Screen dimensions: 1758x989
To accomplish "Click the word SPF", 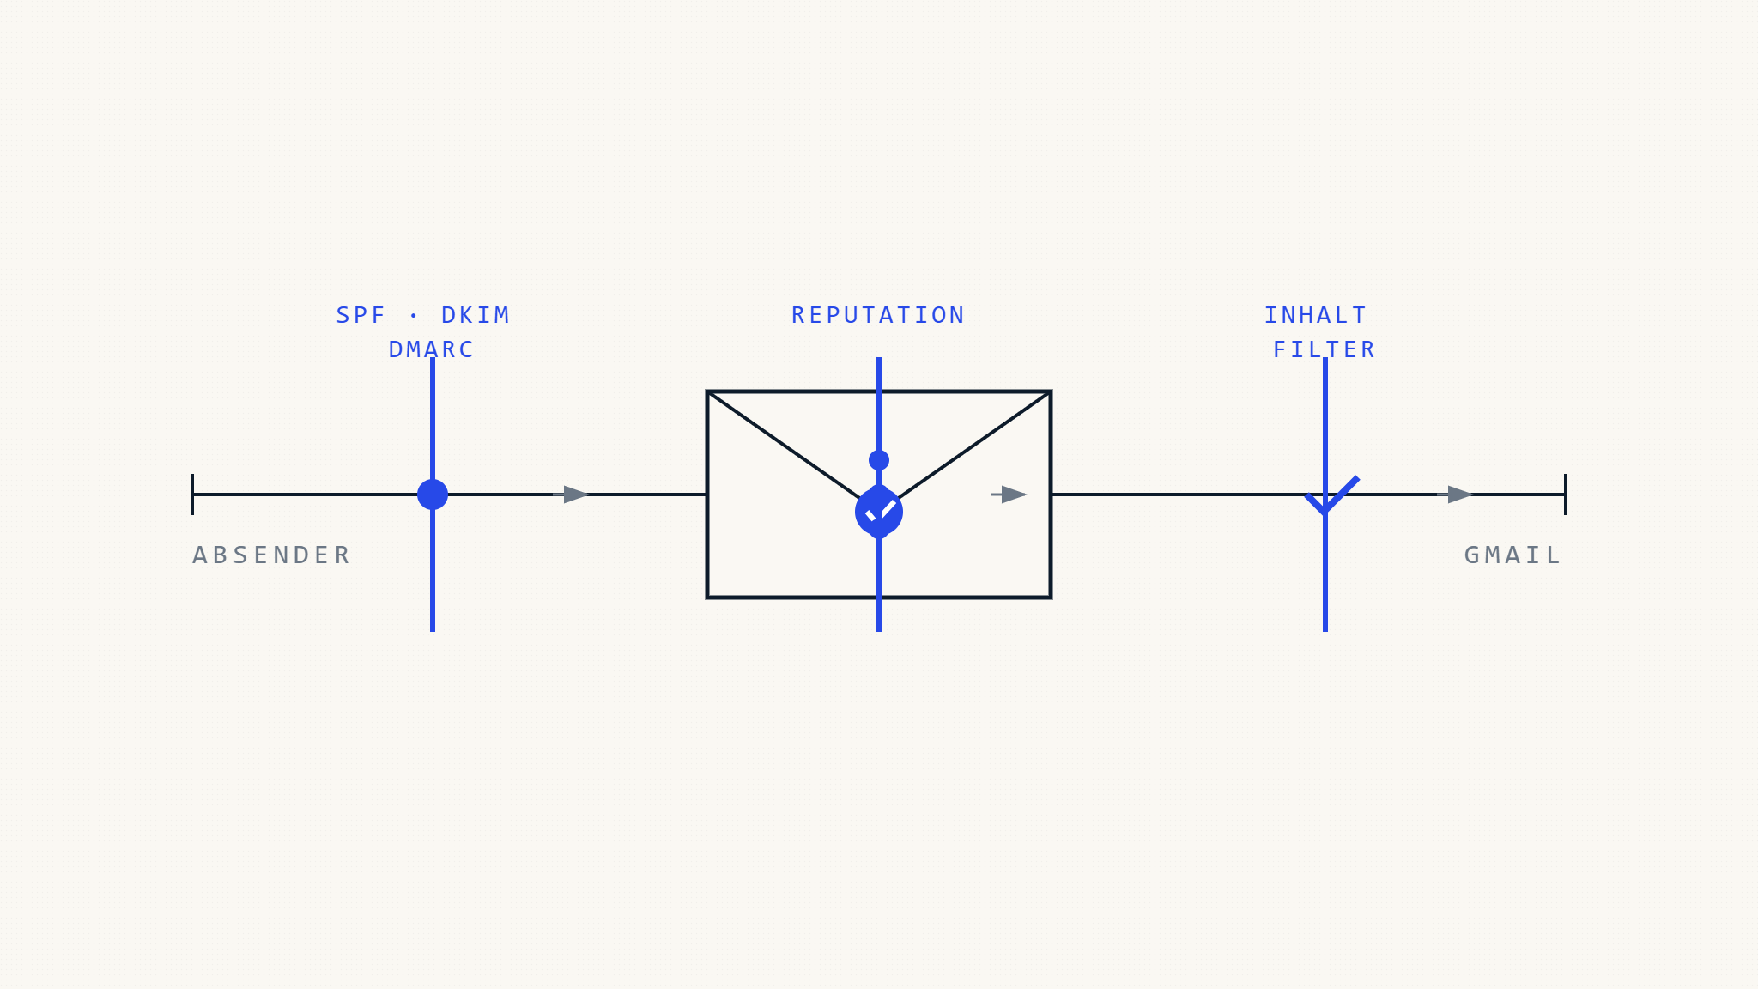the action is [x=361, y=316].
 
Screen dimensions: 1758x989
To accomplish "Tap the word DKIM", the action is [x=476, y=316].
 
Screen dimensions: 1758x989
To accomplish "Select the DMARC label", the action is [x=432, y=350].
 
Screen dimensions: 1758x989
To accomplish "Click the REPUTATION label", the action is [x=879, y=316].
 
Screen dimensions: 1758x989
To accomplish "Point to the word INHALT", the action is [x=1316, y=316].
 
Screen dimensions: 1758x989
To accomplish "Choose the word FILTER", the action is [x=1325, y=350].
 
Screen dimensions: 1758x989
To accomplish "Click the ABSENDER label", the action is [x=271, y=555].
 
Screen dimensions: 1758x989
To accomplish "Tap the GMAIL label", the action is [x=1512, y=555].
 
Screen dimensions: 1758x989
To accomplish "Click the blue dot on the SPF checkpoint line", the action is [x=433, y=494].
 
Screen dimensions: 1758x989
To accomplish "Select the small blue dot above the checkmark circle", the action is [x=879, y=460].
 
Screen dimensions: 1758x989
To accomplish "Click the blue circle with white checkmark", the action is [x=879, y=512].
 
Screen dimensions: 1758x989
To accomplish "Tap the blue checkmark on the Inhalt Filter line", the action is [x=1331, y=496].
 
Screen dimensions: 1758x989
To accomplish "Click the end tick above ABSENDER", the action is [x=192, y=494].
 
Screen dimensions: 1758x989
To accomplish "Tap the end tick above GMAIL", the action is [x=1566, y=494].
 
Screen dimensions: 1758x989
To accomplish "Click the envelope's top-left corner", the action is [x=707, y=391].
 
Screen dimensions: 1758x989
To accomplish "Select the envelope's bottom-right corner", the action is [x=1051, y=598].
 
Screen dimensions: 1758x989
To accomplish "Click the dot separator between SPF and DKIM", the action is [x=414, y=316].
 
